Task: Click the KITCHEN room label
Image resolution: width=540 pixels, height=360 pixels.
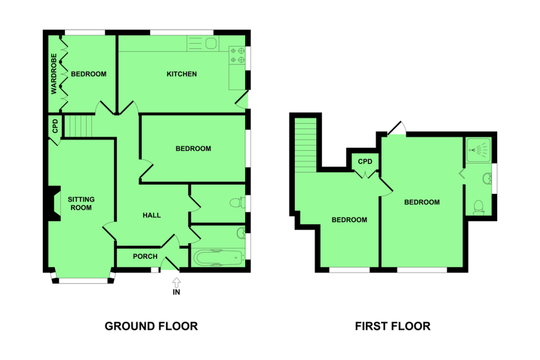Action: pyautogui.click(x=181, y=74)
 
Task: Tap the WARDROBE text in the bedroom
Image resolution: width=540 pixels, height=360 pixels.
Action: pyautogui.click(x=54, y=74)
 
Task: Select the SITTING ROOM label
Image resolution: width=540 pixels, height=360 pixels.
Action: pyautogui.click(x=81, y=203)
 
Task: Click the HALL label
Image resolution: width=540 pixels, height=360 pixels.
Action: pyautogui.click(x=151, y=216)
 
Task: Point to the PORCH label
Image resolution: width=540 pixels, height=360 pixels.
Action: pyautogui.click(x=145, y=256)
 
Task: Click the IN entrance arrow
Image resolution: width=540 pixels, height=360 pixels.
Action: pyautogui.click(x=176, y=283)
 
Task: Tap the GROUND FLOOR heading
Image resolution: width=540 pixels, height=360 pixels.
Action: pyautogui.click(x=151, y=326)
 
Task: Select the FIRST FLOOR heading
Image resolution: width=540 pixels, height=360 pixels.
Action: pyautogui.click(x=392, y=326)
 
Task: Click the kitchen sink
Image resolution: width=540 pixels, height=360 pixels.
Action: pyautogui.click(x=203, y=44)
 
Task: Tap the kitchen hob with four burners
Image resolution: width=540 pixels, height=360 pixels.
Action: pyautogui.click(x=237, y=55)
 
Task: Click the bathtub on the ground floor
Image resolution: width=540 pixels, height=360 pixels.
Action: pyautogui.click(x=218, y=258)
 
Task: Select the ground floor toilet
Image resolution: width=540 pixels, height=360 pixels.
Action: pyautogui.click(x=237, y=202)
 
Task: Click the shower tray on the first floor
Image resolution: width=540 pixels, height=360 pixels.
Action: pyautogui.click(x=478, y=150)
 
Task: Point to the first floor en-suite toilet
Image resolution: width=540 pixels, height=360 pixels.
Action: pyautogui.click(x=479, y=208)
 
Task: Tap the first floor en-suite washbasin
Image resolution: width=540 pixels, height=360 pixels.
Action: pyautogui.click(x=487, y=179)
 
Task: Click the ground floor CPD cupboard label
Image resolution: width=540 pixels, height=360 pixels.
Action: pyautogui.click(x=55, y=127)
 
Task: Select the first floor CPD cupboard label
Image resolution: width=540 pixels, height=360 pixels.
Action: pyautogui.click(x=365, y=161)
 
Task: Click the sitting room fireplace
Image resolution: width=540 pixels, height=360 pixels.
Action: pyautogui.click(x=54, y=203)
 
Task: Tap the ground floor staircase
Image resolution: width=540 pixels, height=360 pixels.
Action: pyautogui.click(x=79, y=126)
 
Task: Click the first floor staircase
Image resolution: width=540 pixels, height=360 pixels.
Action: pyautogui.click(x=305, y=144)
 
